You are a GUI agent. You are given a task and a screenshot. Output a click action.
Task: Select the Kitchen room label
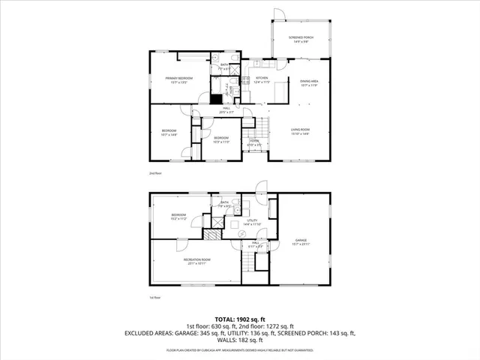(x=261, y=78)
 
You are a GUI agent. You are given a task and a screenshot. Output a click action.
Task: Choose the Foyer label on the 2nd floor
(x=254, y=140)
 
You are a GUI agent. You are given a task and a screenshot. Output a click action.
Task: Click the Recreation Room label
(x=197, y=259)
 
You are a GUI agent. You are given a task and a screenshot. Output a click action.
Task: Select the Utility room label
(x=251, y=220)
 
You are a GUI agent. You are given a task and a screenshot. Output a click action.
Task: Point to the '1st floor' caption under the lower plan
(x=155, y=297)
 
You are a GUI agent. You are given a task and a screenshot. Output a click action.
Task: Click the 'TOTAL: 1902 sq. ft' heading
(x=240, y=319)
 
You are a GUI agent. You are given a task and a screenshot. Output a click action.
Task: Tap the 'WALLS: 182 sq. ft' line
(x=240, y=339)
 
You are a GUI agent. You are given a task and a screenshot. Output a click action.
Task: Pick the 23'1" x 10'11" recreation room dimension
(x=197, y=264)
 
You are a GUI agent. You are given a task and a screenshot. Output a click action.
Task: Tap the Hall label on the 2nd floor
(x=226, y=109)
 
